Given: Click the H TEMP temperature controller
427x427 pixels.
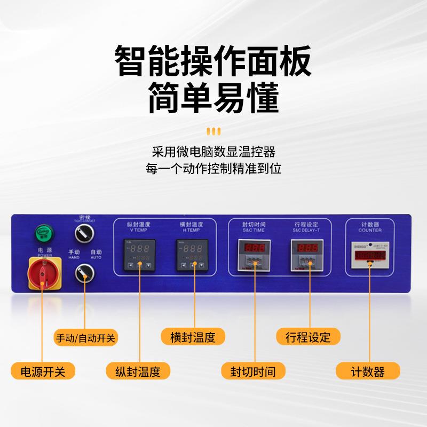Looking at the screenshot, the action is [192, 255].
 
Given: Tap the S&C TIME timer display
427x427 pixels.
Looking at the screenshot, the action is [256, 255].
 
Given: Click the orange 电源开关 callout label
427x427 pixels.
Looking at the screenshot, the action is [43, 371].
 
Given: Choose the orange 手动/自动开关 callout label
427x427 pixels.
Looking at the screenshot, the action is [86, 338].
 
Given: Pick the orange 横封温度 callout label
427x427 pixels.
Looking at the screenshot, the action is [193, 338].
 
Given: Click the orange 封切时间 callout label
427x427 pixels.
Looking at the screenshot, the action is [253, 371].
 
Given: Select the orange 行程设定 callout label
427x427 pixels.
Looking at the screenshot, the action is [308, 338].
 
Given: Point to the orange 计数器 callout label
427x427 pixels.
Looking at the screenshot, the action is [368, 371].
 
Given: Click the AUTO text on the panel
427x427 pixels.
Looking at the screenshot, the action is [97, 257].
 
